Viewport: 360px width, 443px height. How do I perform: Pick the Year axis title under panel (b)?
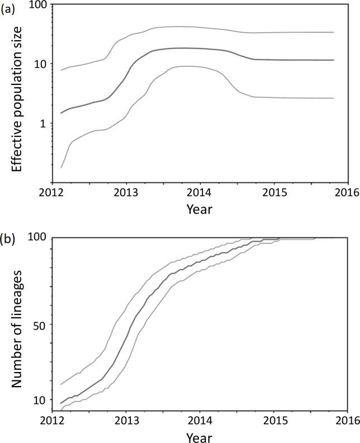pyautogui.click(x=200, y=435)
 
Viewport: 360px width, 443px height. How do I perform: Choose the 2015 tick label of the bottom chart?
pyautogui.click(x=273, y=420)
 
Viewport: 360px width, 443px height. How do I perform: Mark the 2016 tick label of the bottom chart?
pyautogui.click(x=347, y=420)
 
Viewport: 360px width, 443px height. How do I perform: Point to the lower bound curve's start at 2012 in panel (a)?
pyautogui.click(x=61, y=167)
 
